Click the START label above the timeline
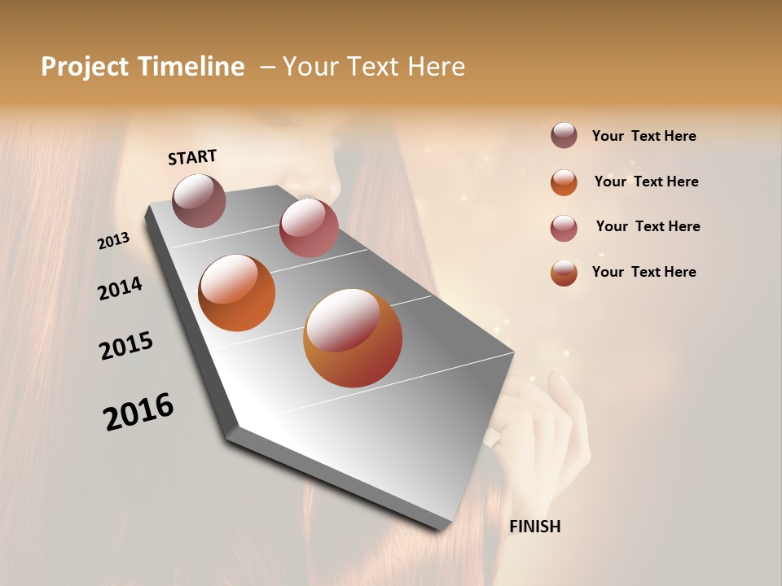pos(192,156)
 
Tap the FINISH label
pos(534,527)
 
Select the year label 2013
pos(114,240)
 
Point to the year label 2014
pos(120,288)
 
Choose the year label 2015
pos(126,346)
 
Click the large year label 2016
pos(138,411)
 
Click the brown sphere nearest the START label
pos(199,200)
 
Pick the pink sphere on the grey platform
pos(309,228)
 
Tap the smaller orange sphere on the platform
pos(236,293)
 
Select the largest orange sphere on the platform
pos(353,338)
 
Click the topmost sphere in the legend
pos(564,135)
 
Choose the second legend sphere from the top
pos(564,181)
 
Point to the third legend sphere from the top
pos(564,227)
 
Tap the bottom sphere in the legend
pos(564,273)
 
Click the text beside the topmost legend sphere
pos(644,136)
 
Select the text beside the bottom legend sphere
pos(644,272)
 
